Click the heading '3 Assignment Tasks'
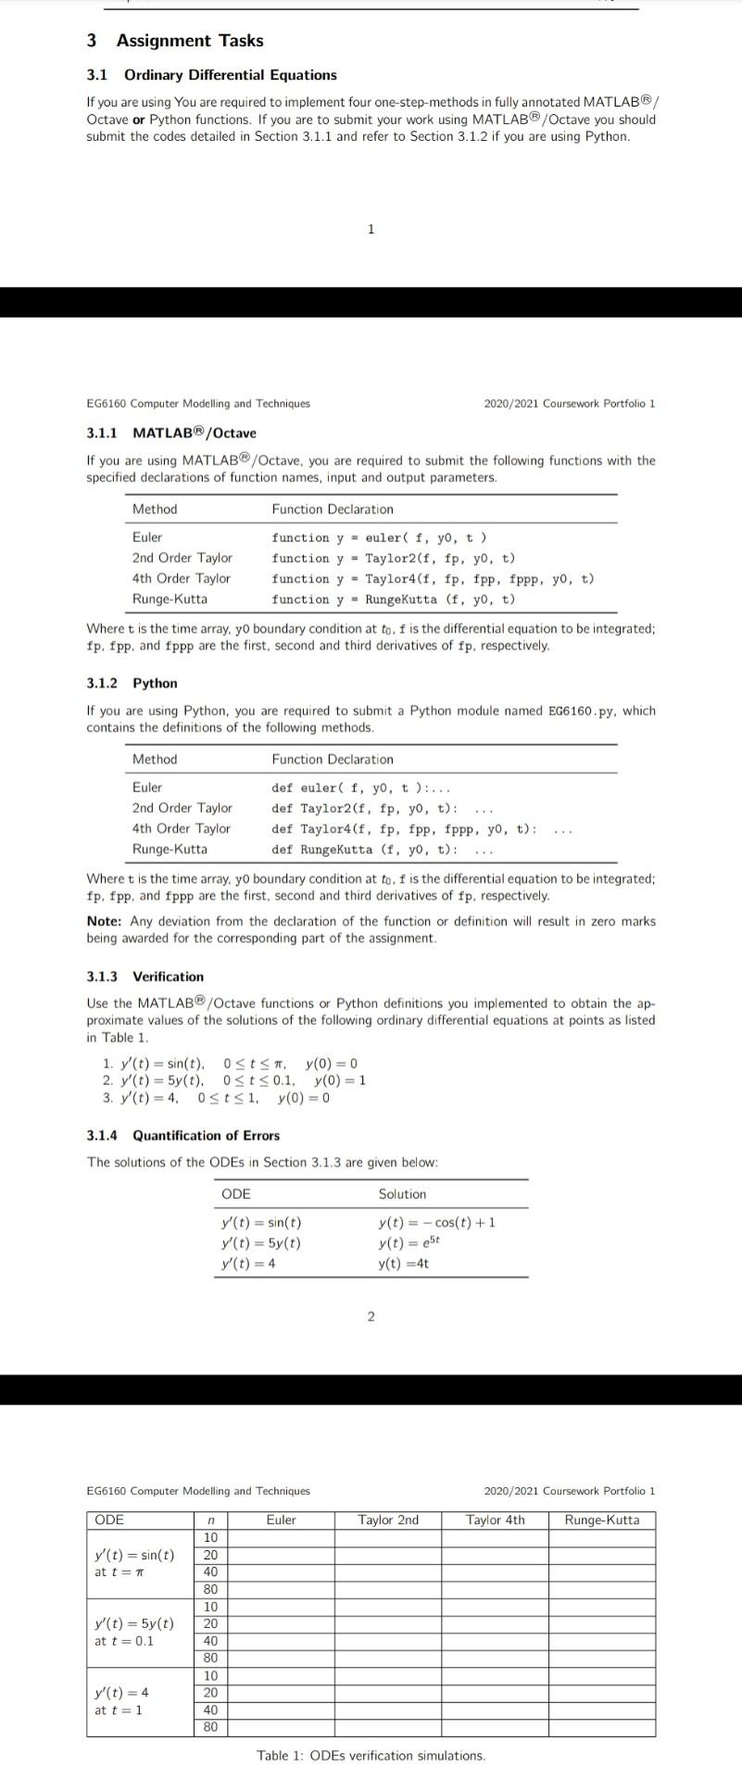pos(175,41)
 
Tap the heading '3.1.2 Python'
pos(132,683)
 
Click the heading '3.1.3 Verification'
pos(145,977)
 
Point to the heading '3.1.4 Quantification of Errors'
pos(182,1135)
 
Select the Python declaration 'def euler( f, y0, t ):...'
pos(360,788)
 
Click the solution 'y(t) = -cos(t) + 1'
pos(436,1222)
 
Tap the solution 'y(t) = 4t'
pos(403,1264)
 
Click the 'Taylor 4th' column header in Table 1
pos(495,1520)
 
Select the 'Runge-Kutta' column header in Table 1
pos(601,1520)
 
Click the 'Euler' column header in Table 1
pos(281,1520)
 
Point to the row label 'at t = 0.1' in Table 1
pos(124,1640)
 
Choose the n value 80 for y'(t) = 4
pos(210,1727)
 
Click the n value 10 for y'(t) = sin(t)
pos(210,1537)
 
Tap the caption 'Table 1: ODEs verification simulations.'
pos(371,1756)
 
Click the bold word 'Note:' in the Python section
pos(104,921)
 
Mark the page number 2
pos(371,1317)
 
